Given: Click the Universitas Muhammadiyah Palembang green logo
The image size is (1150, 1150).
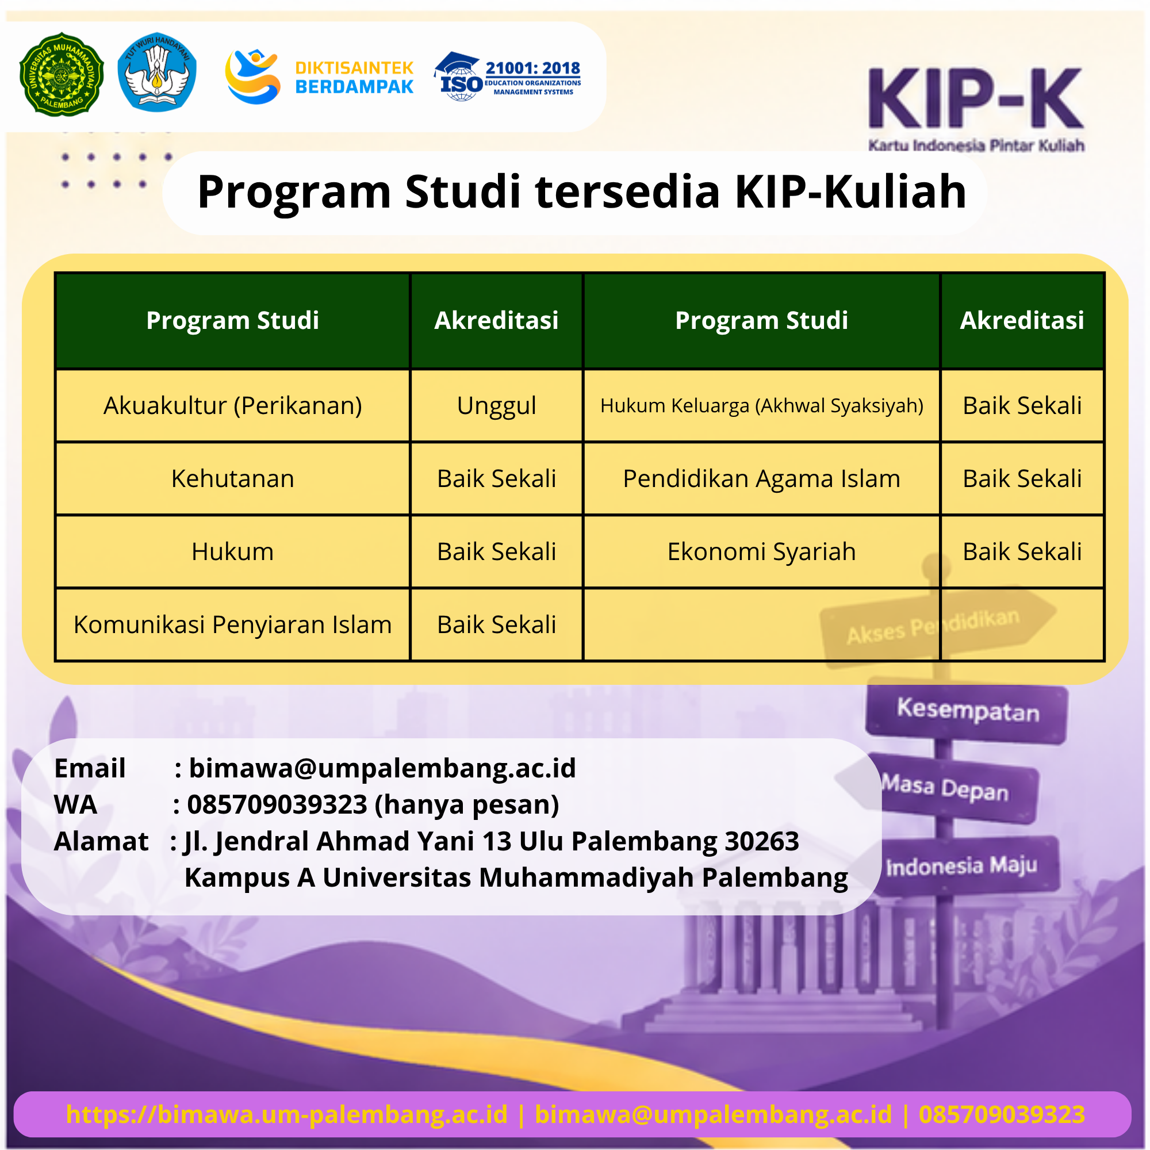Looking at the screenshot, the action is click(62, 74).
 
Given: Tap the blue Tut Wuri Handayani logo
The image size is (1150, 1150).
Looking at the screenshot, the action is click(157, 72).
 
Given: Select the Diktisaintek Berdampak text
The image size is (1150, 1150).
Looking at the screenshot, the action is click(354, 78).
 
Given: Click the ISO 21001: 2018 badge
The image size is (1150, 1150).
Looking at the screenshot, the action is click(508, 76).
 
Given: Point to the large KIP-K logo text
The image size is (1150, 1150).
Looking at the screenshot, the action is click(976, 99).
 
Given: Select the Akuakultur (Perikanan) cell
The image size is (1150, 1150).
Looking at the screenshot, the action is click(233, 406).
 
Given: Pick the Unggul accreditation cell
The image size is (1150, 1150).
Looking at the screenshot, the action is click(496, 406).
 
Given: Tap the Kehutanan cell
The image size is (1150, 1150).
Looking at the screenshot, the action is click(233, 478).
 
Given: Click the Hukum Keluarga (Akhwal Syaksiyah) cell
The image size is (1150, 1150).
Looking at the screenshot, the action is click(761, 406).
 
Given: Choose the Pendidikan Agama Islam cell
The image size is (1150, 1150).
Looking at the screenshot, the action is click(761, 478).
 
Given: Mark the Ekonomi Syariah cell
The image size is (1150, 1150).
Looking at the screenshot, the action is click(761, 552).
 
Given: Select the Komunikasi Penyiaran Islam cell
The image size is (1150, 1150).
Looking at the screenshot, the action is click(233, 625).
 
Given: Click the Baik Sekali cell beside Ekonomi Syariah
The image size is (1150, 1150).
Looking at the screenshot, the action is click(1022, 552).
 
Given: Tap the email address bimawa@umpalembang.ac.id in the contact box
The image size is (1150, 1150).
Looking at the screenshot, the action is click(382, 768).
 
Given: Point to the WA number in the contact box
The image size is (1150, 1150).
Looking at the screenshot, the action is click(277, 805).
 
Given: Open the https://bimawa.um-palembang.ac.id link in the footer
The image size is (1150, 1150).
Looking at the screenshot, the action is click(287, 1114).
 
